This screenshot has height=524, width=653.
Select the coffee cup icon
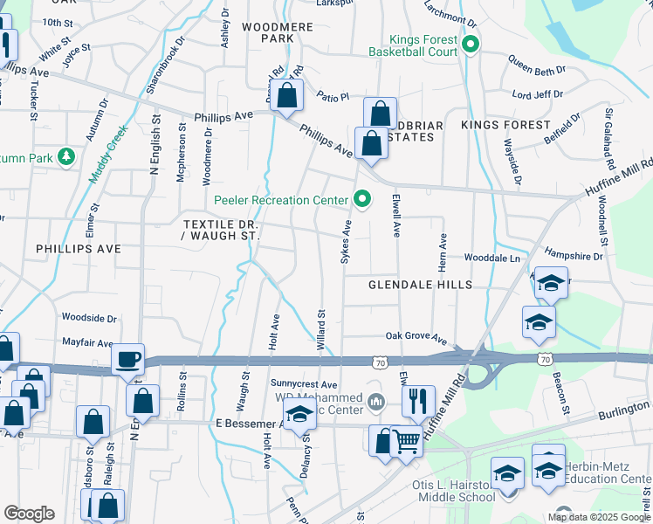pyautogui.click(x=129, y=359)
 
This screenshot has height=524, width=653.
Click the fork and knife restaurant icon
pyautogui.click(x=419, y=402)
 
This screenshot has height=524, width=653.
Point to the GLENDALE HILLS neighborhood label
pyautogui.click(x=420, y=285)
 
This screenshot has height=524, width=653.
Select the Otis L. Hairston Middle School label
pyautogui.click(x=454, y=491)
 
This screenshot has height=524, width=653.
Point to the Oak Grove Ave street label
pyautogui.click(x=416, y=336)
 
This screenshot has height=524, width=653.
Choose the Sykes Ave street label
pyautogui.click(x=347, y=242)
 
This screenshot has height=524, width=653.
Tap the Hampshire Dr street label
pyautogui.click(x=574, y=257)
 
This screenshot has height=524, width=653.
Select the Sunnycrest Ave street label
pyautogui.click(x=304, y=384)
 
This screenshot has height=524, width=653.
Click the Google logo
pyautogui.click(x=29, y=514)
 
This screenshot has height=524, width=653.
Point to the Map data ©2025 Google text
pyautogui.click(x=598, y=517)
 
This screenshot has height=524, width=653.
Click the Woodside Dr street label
pyautogui.click(x=89, y=319)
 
